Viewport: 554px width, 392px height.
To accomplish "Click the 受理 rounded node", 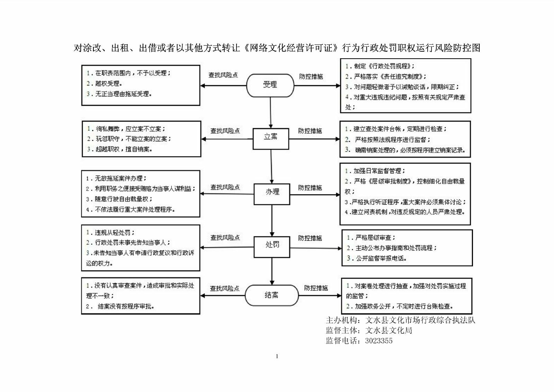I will click(270, 85).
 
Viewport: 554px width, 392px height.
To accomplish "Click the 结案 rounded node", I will click(271, 295).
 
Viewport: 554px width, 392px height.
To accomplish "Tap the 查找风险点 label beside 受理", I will click(223, 75).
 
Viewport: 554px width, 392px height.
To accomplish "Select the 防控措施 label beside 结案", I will click(316, 288).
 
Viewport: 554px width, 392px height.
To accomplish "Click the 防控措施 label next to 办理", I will click(310, 188).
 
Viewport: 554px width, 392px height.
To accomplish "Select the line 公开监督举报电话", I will click(377, 258).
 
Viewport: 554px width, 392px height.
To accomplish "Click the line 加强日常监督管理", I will click(375, 171).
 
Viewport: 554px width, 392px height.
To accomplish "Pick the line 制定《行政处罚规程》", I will click(380, 66).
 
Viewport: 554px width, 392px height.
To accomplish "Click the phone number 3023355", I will click(379, 341).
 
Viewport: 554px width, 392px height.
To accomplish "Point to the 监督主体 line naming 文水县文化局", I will click(369, 330).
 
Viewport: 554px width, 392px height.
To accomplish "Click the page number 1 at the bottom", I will click(277, 356).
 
